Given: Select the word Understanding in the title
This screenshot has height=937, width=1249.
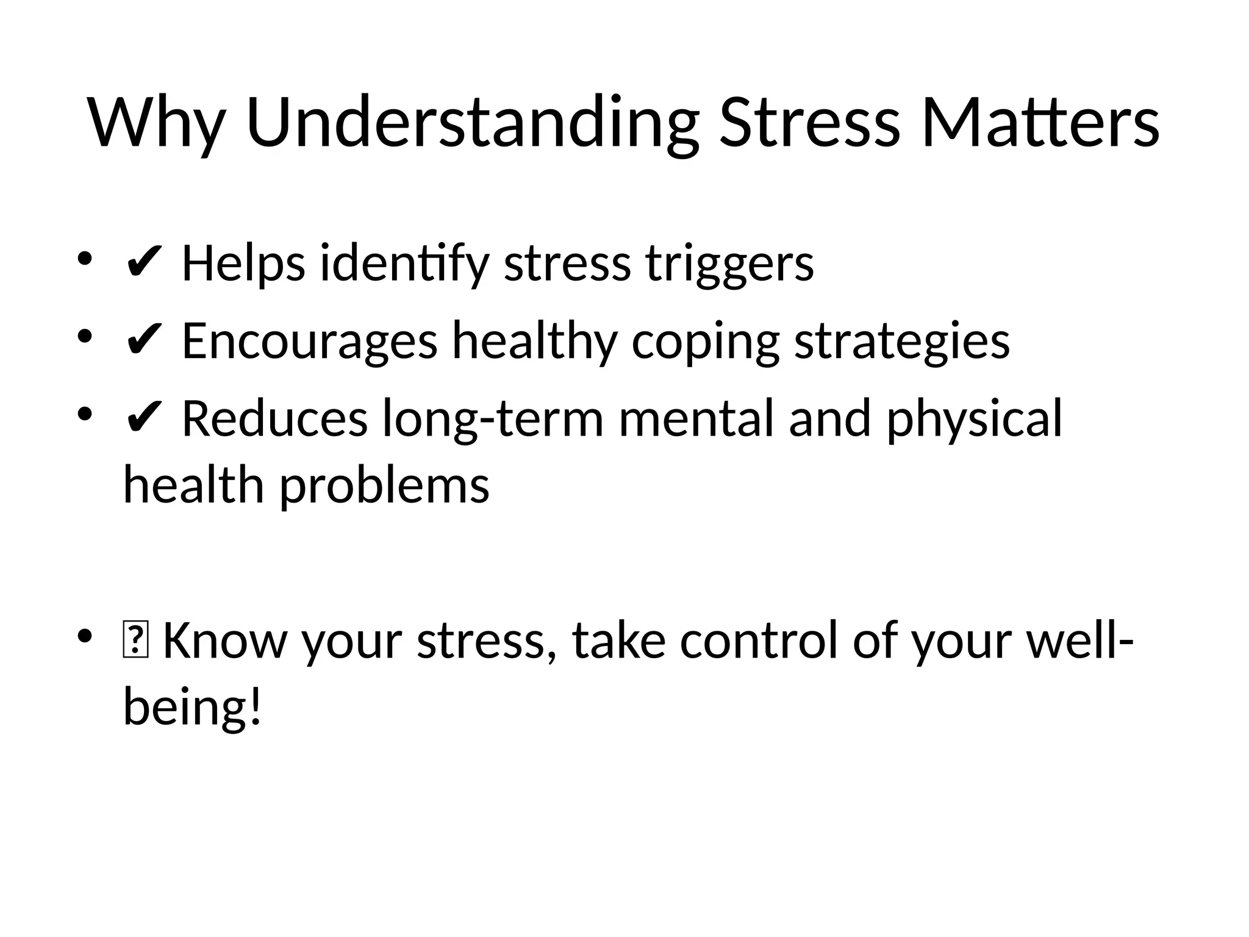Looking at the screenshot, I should (472, 123).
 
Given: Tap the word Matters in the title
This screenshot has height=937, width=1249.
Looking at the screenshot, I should (1040, 123).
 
